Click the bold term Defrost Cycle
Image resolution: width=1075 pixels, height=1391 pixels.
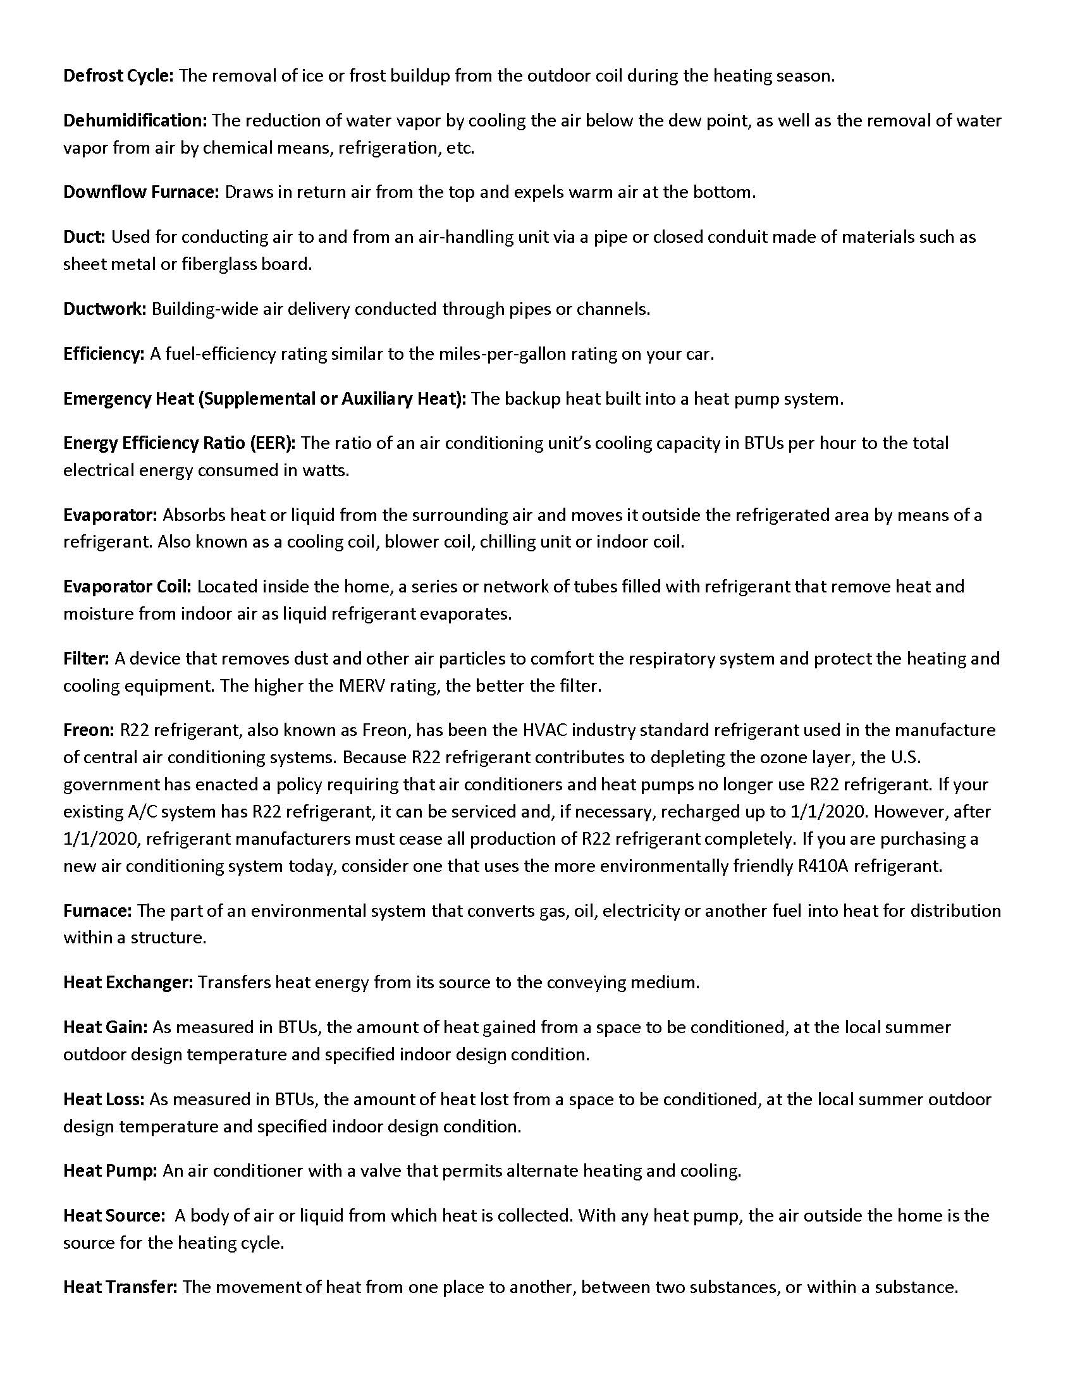[118, 77]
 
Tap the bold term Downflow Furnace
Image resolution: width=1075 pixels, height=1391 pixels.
[141, 192]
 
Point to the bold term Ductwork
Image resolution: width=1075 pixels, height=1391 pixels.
[104, 310]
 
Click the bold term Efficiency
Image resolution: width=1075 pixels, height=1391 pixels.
[104, 354]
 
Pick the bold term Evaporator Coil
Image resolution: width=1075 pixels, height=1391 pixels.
[126, 587]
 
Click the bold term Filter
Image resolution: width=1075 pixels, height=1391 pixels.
[86, 659]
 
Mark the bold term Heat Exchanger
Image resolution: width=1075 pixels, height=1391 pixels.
[127, 983]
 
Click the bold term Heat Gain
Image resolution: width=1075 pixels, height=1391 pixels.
[105, 1027]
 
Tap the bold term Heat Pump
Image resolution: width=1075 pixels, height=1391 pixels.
[109, 1171]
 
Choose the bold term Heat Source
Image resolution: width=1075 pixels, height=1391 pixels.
[113, 1216]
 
